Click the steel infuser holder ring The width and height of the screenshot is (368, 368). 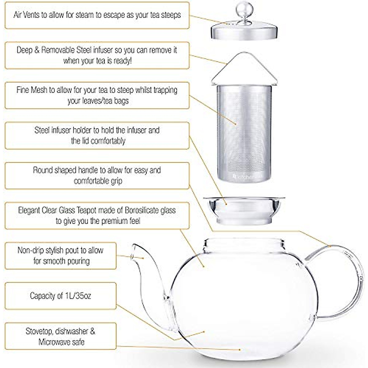tap(244, 209)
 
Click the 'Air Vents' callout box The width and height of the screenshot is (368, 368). tap(97, 15)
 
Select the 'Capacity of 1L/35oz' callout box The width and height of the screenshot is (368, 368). tap(60, 296)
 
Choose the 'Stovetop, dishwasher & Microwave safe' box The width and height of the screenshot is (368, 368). tap(60, 336)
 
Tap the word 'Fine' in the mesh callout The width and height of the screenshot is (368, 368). tap(23, 90)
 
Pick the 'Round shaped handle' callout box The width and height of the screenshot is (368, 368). tap(97, 176)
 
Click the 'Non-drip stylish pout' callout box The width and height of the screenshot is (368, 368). tap(60, 256)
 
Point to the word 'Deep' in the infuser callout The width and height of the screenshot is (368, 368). tap(24, 50)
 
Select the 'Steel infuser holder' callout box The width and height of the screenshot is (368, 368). tap(97, 136)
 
